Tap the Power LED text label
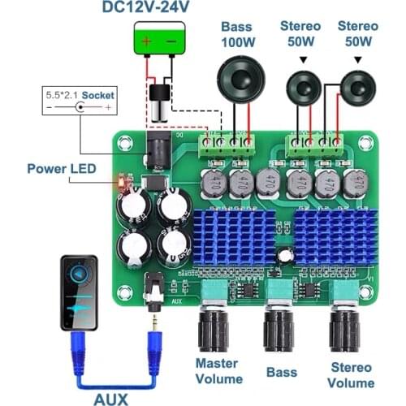pos(61,169)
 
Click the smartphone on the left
pos(79,292)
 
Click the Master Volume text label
pos(218,370)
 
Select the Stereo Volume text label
pos(351,375)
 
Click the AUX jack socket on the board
pos(153,287)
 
